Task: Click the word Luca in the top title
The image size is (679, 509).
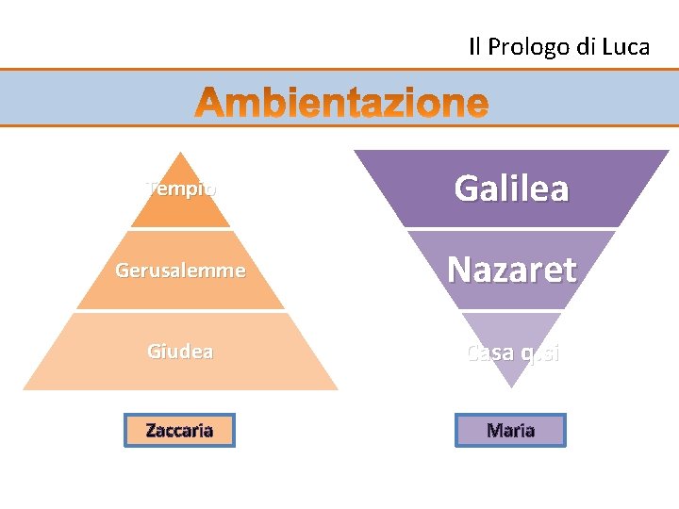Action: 623,47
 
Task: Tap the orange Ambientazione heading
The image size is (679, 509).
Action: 343,103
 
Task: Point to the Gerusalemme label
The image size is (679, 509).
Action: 180,271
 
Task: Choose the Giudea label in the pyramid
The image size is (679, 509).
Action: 180,352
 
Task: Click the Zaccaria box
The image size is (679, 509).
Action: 179,430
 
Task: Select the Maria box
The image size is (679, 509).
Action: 510,430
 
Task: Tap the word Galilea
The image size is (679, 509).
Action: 512,189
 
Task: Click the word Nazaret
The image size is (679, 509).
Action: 512,270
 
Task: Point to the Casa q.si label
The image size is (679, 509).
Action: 512,353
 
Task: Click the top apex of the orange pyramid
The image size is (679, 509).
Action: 180,153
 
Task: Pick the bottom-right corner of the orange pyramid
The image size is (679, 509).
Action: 337,388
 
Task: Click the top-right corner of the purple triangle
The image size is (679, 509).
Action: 668,151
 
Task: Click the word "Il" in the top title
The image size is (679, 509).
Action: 475,47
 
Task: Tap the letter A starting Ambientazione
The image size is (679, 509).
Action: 211,104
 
